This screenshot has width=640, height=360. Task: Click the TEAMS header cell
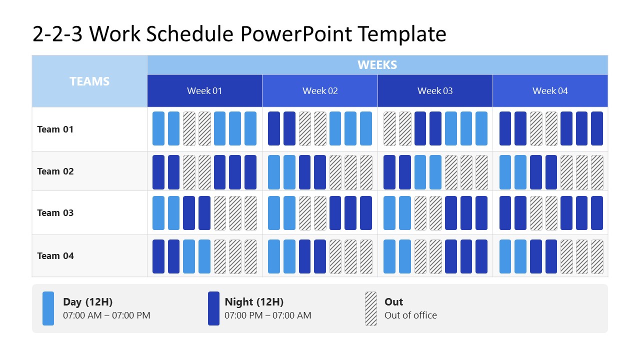pos(89,81)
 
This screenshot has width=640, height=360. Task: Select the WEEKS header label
pos(377,65)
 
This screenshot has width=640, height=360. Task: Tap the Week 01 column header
pos(204,91)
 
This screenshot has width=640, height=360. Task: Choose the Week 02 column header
pos(320,91)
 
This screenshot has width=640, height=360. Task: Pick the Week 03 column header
pos(435,91)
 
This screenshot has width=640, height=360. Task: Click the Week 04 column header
pos(550,91)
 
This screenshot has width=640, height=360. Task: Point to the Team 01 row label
pos(55,129)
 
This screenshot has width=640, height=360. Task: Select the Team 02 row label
pos(55,171)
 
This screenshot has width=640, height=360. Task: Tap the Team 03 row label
pos(55,213)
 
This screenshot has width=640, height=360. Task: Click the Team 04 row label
pos(55,256)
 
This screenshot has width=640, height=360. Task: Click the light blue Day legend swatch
pos(48,308)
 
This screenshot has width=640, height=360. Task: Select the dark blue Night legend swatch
pos(213,308)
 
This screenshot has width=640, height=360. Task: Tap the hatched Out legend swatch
pos(371,308)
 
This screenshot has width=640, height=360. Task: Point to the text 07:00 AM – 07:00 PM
pos(106,315)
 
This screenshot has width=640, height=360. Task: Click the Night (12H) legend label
pos(254,302)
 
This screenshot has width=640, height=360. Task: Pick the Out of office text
pos(410,315)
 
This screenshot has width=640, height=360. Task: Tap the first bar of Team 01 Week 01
pos(158,128)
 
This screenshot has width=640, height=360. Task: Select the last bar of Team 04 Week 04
pos(597,256)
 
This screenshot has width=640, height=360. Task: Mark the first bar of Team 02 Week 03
pos(389,172)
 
